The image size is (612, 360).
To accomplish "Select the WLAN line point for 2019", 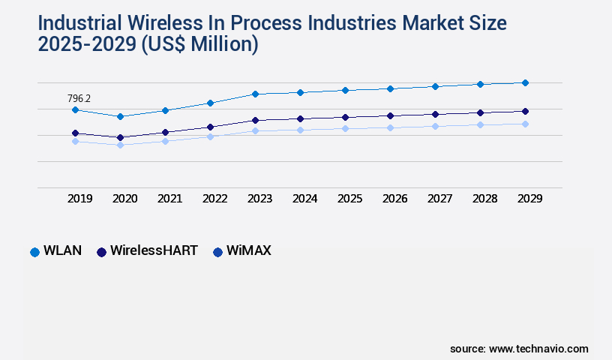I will (75, 110).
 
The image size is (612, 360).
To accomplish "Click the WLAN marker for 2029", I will (525, 82).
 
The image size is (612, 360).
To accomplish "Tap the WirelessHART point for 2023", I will (255, 120).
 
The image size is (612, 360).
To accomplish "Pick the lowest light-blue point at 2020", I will (120, 145).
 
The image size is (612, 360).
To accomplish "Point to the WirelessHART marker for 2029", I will (525, 111).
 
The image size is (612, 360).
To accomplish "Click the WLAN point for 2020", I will (120, 116).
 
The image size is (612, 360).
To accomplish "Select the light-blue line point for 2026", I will (390, 127).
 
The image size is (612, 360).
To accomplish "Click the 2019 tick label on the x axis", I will (79, 199).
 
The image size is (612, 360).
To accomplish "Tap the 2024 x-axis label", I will (304, 199).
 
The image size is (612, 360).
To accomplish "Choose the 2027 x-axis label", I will (439, 199).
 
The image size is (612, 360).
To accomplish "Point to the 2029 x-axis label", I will (529, 199).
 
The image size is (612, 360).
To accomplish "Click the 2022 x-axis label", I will (214, 199).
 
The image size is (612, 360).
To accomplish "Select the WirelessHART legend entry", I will (147, 251).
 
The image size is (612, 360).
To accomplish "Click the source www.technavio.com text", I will (519, 349).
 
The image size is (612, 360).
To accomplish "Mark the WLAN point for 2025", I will (345, 90).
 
